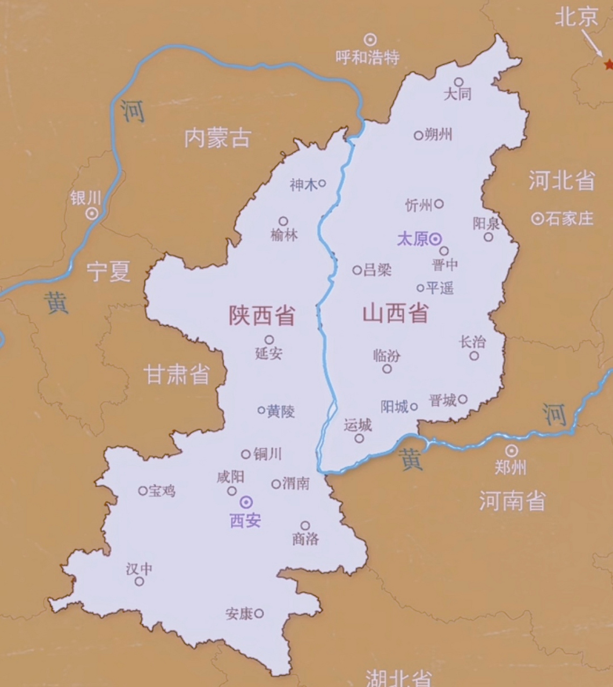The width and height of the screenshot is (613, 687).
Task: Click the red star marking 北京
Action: pos(608,64)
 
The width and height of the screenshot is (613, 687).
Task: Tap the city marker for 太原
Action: pos(435,239)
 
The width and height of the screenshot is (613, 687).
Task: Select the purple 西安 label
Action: pos(245,521)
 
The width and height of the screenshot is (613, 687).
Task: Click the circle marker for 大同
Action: pos(459,82)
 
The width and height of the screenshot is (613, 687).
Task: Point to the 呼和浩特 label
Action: pos(368,57)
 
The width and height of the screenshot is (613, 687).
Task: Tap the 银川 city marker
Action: pos(92,214)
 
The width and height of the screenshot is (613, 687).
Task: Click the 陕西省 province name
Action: pos(262,316)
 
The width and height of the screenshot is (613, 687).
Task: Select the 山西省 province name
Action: pos(396,312)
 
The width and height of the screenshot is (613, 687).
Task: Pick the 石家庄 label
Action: pos(570,218)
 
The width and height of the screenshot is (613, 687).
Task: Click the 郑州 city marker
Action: pos(512,451)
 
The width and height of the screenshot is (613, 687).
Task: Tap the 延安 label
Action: pos(268,353)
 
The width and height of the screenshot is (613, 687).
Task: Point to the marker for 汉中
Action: pos(140,581)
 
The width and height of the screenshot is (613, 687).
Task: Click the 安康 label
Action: pos(239,613)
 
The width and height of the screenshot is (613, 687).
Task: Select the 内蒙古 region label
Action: pos(217,138)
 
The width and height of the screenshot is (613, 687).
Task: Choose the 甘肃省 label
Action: pos(177,374)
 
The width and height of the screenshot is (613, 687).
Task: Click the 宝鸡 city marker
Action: pos(143,491)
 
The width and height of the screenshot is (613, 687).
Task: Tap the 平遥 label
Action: pos(440,288)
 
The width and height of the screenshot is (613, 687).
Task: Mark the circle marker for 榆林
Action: pos(283,221)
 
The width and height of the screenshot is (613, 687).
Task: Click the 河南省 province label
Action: pos(512,501)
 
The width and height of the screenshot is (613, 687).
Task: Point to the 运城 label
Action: pos(357,425)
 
